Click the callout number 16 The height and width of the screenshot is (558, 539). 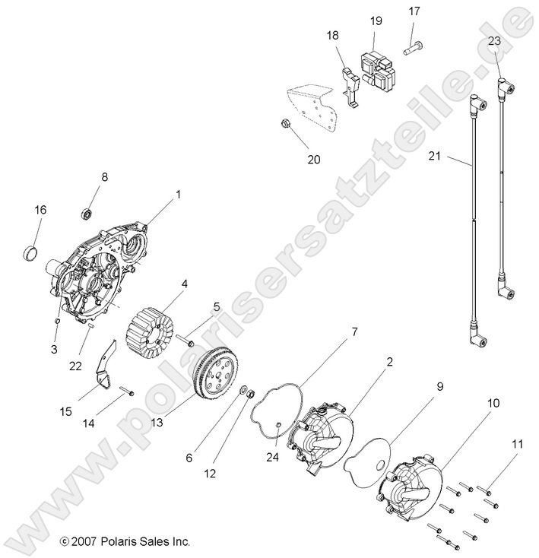pyautogui.click(x=40, y=209)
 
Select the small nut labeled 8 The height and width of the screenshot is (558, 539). pyautogui.click(x=87, y=211)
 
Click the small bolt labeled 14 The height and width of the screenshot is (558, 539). pyautogui.click(x=126, y=392)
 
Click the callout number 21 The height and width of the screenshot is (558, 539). pyautogui.click(x=434, y=156)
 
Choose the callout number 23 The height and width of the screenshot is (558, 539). pyautogui.click(x=494, y=41)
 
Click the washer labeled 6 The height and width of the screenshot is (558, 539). pyautogui.click(x=245, y=392)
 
